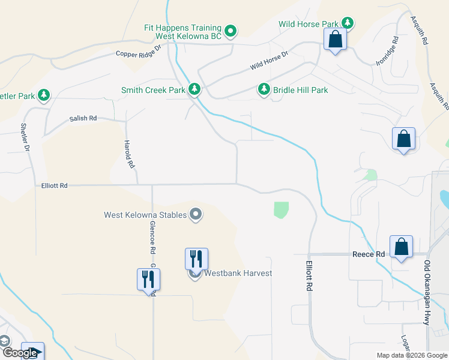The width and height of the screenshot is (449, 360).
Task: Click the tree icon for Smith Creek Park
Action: [x=194, y=90]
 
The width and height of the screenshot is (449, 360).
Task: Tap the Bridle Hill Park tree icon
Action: [x=264, y=89]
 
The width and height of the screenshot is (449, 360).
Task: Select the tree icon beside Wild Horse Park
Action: [x=348, y=23]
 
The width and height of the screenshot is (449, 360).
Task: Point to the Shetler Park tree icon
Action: [x=43, y=95]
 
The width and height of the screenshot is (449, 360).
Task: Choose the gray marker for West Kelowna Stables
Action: [x=195, y=214]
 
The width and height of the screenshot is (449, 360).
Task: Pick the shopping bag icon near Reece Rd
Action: [x=401, y=247]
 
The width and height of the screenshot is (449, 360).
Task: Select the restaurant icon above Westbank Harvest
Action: [x=196, y=259]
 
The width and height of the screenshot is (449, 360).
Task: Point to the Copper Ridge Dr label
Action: [x=139, y=50]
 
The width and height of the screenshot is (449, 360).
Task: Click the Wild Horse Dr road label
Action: [x=270, y=58]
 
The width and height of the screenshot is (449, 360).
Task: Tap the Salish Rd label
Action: [x=83, y=119]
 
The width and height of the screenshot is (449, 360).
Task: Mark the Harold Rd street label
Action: [x=127, y=154]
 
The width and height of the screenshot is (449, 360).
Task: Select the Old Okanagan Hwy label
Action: [x=427, y=293]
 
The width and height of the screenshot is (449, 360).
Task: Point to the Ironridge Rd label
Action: [x=387, y=52]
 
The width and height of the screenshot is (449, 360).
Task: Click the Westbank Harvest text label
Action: [x=238, y=274]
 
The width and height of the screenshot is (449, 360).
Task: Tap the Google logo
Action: [x=19, y=353]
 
